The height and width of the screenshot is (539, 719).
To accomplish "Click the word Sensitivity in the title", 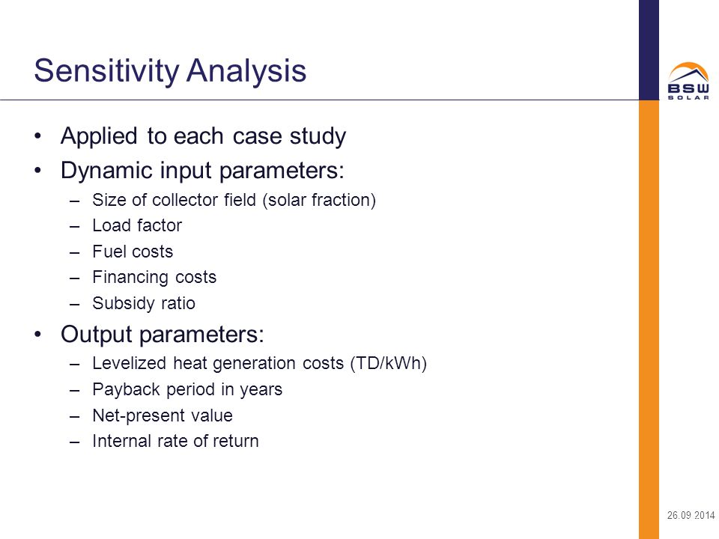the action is pos(106,71).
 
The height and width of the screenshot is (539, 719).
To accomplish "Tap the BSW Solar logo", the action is pos(688,81).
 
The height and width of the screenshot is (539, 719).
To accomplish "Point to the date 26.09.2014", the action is pos(691,515).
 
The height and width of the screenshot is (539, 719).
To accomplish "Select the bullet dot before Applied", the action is pos(38,136).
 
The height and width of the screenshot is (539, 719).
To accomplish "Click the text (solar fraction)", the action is pos(319,201).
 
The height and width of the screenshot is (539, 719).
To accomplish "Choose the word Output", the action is pos(97,334).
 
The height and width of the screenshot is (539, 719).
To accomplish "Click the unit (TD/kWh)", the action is pos(389,364).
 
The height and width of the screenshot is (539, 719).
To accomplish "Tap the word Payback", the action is pos(126,389).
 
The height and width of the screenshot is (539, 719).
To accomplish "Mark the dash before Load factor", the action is pos(75,226).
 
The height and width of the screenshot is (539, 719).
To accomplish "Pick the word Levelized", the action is pos(130,363).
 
